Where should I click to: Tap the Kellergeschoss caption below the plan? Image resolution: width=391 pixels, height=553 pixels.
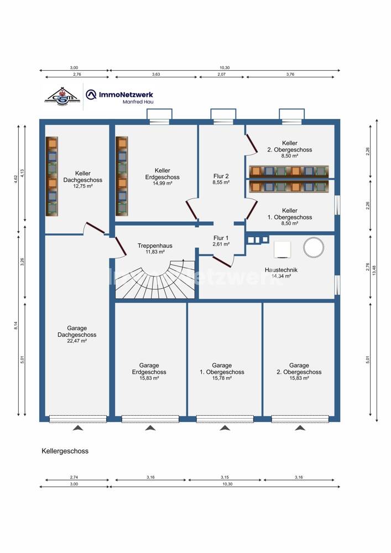(x=65, y=451)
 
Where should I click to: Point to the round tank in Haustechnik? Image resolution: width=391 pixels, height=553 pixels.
(x=313, y=247)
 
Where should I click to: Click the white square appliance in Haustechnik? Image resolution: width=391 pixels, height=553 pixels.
(x=283, y=250)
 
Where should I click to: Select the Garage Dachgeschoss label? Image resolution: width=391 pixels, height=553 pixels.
(x=77, y=331)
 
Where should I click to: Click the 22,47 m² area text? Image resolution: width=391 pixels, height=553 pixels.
(x=77, y=341)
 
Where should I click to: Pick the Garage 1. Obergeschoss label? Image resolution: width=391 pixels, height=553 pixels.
(x=222, y=369)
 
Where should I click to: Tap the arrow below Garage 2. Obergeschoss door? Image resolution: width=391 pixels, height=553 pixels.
(x=299, y=428)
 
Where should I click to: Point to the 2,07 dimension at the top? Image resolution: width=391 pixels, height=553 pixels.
(x=221, y=74)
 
